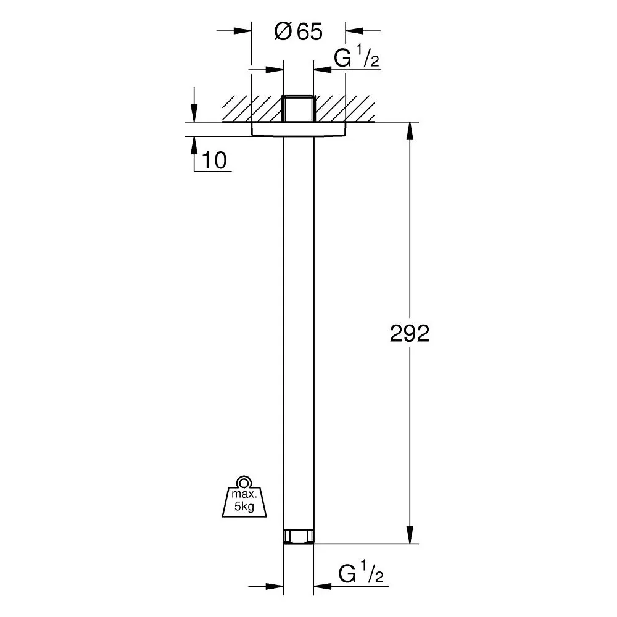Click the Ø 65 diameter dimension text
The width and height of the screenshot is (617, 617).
298,31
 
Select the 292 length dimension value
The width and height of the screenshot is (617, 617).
409,333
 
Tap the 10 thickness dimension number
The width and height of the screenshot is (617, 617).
214,160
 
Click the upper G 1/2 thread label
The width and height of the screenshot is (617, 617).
357,57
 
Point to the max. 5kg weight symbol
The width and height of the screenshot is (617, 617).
244,496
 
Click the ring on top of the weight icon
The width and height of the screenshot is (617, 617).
244,482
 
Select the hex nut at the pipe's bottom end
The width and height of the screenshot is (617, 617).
298,537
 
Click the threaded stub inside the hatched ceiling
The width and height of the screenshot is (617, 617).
298,108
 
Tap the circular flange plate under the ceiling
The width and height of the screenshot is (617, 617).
299,129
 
